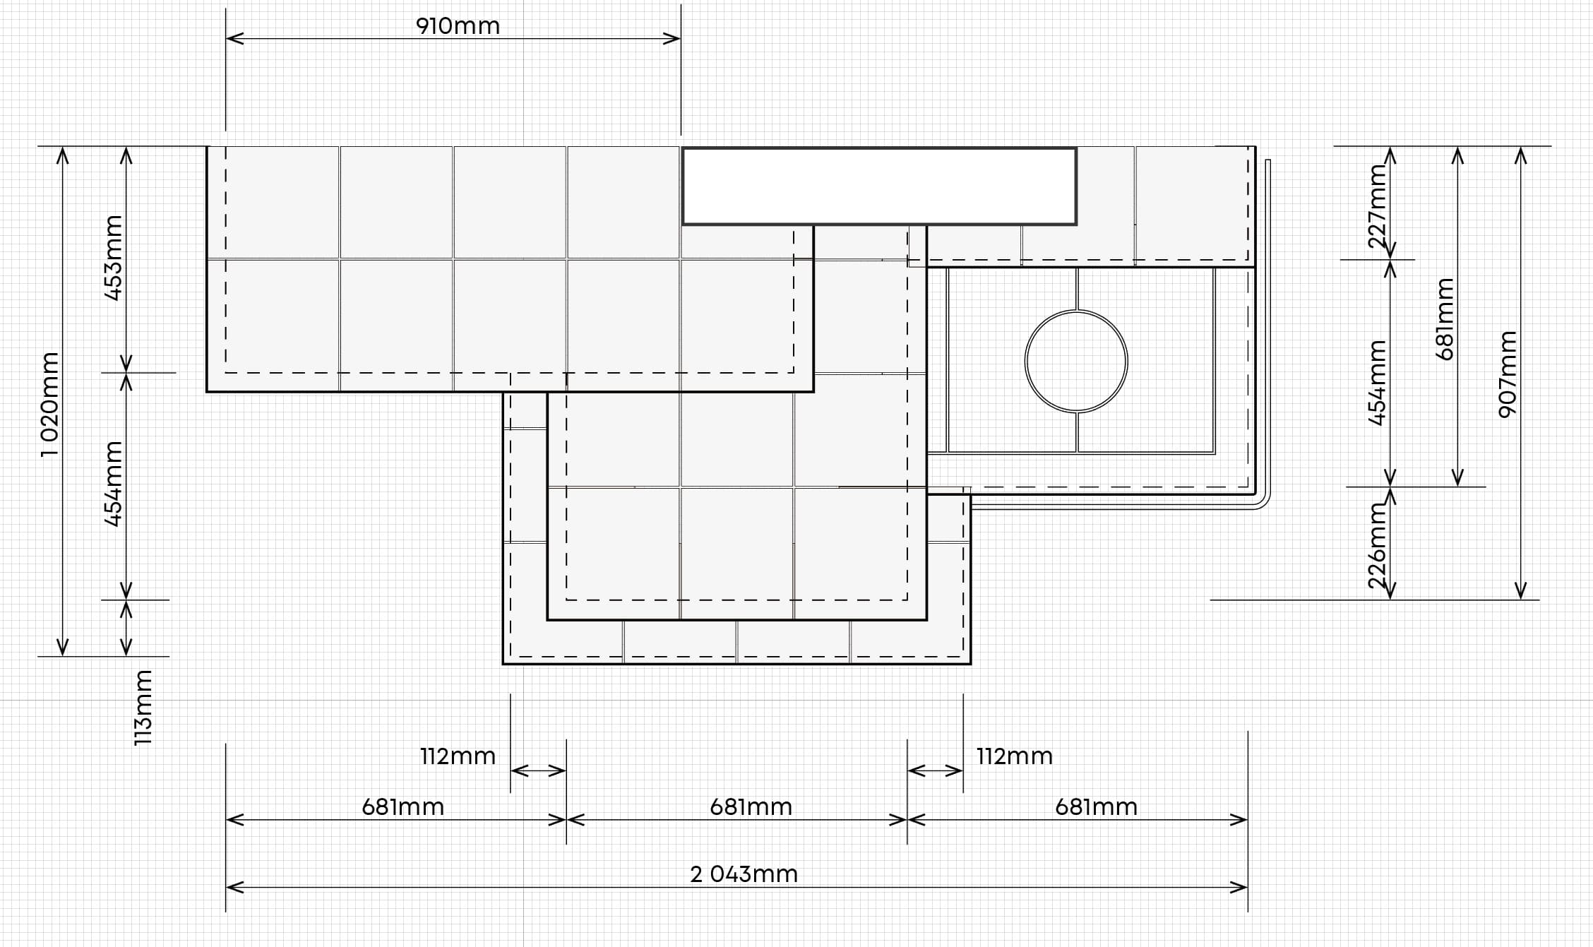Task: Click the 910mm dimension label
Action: coord(458,26)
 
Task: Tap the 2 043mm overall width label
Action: coord(744,874)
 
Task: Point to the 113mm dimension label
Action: coord(143,708)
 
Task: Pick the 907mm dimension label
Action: coord(1507,374)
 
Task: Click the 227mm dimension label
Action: coord(1378,206)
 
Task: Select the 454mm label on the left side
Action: coord(113,484)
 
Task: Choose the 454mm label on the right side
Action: coord(1378,383)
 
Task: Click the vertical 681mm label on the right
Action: coord(1445,318)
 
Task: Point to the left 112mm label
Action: coord(458,756)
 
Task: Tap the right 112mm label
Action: coord(1015,756)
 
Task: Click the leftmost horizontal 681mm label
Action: coord(403,806)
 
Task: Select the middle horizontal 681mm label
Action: coord(751,806)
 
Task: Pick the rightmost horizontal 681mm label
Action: coord(1097,806)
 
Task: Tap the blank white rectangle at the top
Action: coord(879,186)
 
